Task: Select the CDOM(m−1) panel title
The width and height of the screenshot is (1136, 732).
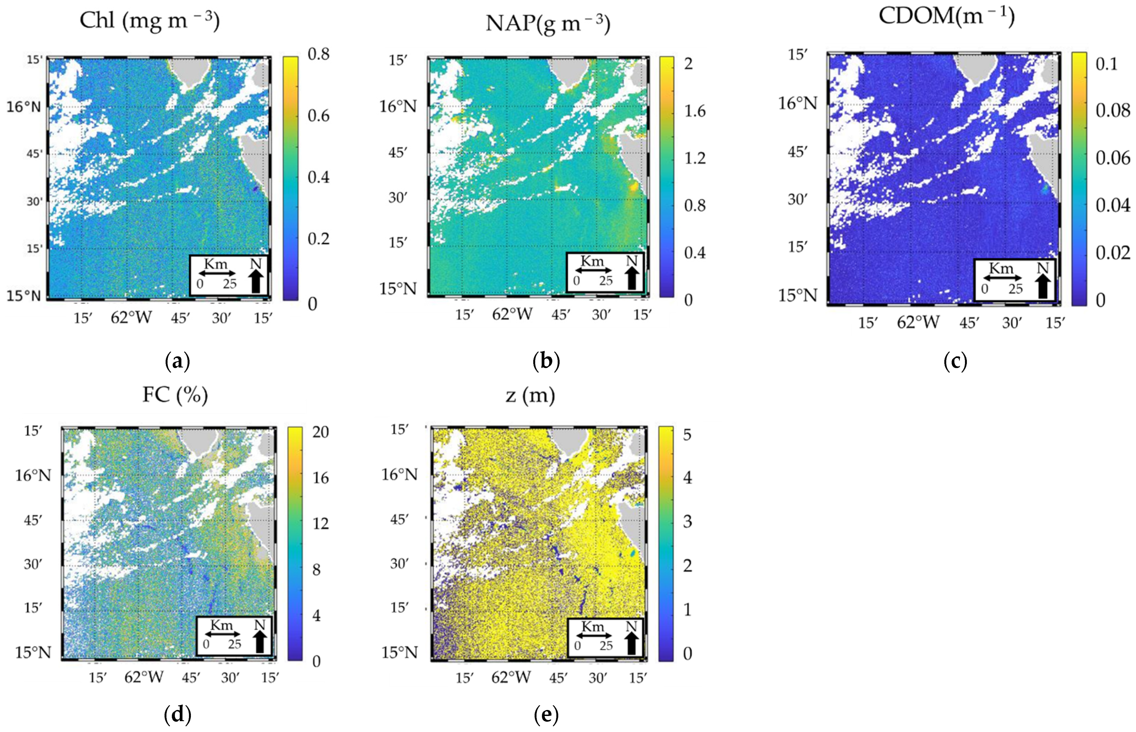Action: coord(947,16)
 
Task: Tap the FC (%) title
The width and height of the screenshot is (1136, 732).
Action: coord(175,395)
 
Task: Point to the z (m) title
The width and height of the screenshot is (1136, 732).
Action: coord(530,395)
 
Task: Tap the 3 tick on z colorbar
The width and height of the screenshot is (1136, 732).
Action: coord(687,522)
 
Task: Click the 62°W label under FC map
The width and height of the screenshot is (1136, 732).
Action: coord(143,677)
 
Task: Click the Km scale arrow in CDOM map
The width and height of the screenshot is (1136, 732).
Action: coord(1002,278)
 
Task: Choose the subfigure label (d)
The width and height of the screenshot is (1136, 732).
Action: coord(177,714)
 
